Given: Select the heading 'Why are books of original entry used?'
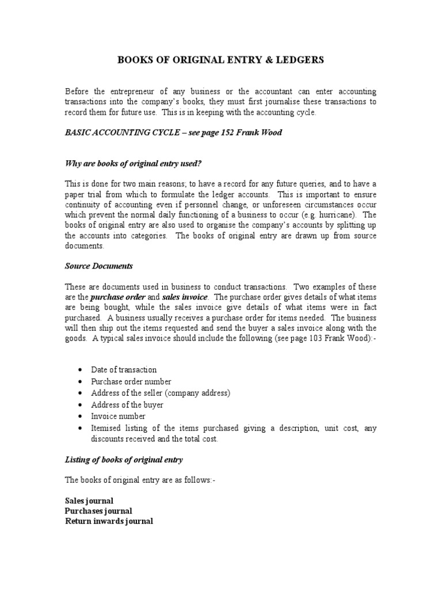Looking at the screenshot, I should point(133,164).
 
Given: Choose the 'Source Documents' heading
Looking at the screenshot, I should point(98,266).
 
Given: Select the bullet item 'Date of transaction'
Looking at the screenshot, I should point(124,370).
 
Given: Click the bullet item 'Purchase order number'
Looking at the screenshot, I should point(131,381).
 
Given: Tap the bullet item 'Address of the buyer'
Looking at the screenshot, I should point(127,404).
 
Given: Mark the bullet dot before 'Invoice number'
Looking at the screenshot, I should point(78,416).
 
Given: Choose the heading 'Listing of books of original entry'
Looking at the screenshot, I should point(124,459).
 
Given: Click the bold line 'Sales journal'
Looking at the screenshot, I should point(89,501).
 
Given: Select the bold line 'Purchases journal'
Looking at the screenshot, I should point(98,511).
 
